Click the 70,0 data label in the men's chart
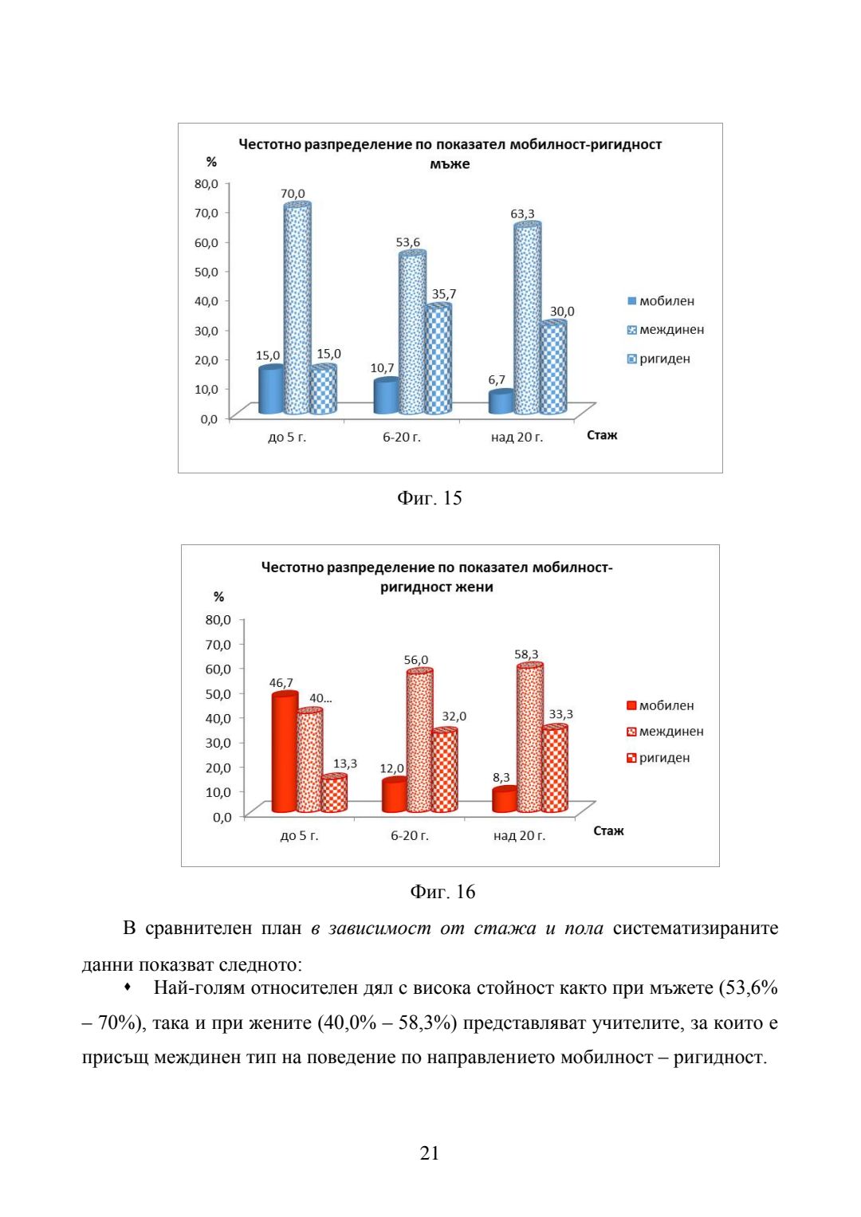(293, 194)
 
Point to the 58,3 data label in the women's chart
(526, 654)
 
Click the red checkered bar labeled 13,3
(334, 794)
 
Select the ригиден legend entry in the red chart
(658, 758)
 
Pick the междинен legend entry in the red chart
(665, 732)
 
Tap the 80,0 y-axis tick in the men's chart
(206, 184)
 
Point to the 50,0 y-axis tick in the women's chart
(218, 693)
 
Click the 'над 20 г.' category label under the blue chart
(517, 437)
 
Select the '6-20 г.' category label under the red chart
(409, 835)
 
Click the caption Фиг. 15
(429, 498)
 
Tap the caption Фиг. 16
(442, 892)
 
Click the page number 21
(430, 1152)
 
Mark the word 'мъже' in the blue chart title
(450, 164)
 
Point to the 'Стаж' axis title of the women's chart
(608, 830)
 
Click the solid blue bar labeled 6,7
(500, 402)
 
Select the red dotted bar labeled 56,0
(419, 741)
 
